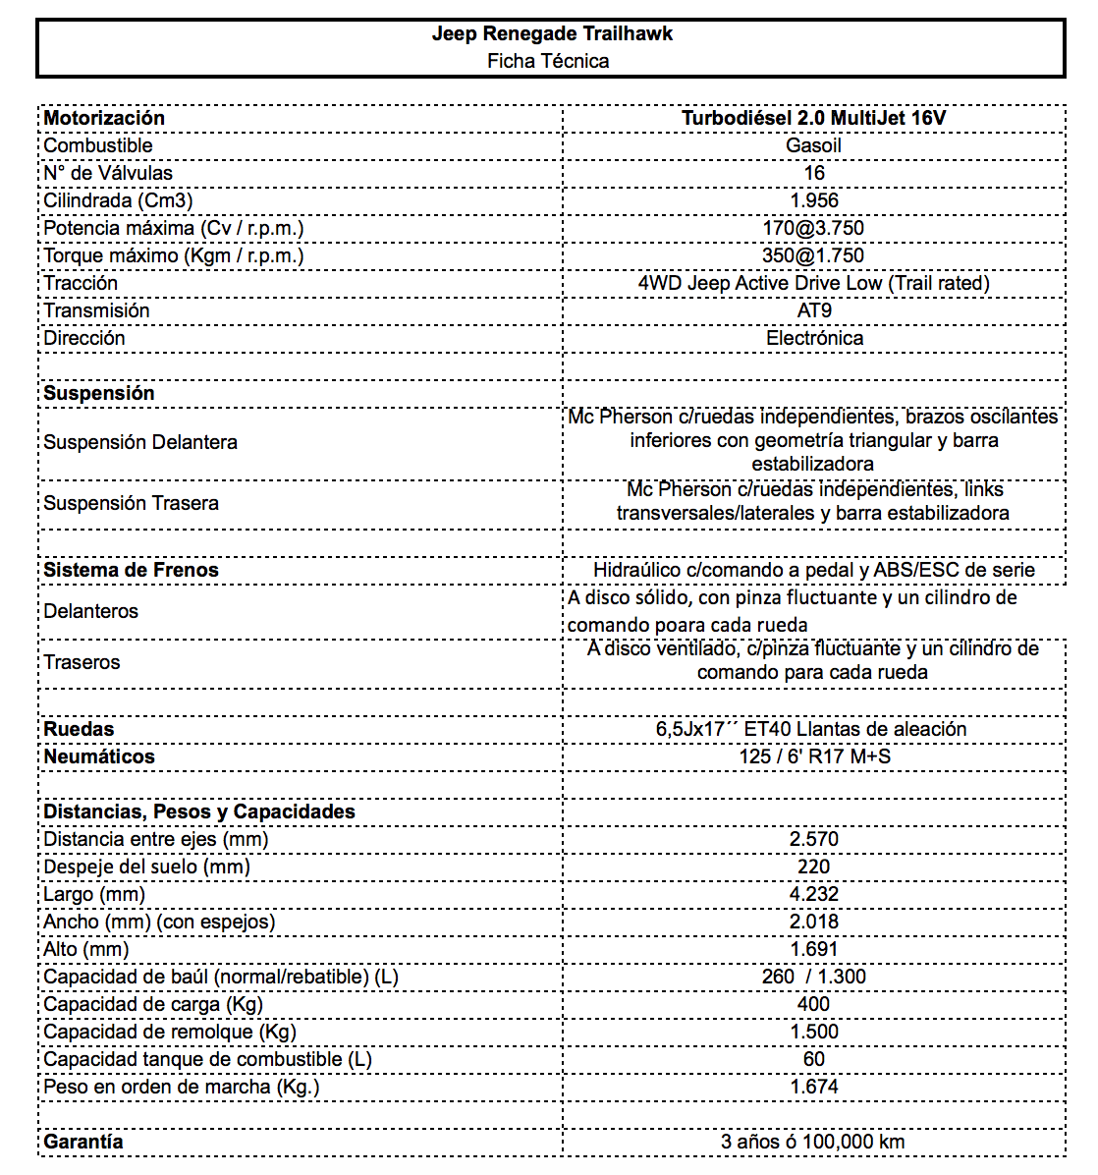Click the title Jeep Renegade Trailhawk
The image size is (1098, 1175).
click(552, 33)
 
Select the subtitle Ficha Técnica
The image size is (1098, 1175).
click(548, 61)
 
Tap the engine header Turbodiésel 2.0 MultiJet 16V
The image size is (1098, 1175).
click(813, 118)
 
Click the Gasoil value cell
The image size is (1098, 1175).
click(813, 145)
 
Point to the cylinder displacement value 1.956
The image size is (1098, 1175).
click(814, 200)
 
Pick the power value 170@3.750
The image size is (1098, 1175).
click(813, 228)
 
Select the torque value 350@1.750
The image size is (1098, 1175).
click(813, 255)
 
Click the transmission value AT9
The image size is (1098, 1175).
click(814, 310)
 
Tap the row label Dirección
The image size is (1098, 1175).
click(84, 338)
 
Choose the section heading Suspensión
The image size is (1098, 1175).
click(99, 393)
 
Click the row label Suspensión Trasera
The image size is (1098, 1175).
click(131, 503)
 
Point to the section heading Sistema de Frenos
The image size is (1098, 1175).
click(131, 570)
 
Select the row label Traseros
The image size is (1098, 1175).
click(82, 662)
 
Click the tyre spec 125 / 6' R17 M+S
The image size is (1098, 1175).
click(814, 756)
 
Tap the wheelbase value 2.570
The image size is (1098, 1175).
click(814, 839)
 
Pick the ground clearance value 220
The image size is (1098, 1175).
click(814, 867)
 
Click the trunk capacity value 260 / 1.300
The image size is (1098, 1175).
click(814, 977)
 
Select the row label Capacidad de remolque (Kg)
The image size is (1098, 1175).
click(170, 1032)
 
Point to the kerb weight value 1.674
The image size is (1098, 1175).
click(814, 1087)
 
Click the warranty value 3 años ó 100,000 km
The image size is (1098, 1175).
click(813, 1142)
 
